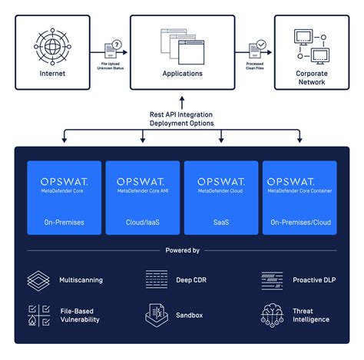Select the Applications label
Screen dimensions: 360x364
[182, 74]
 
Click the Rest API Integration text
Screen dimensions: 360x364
[182, 114]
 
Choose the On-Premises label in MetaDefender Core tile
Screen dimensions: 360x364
[64, 222]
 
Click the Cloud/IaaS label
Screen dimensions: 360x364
[142, 222]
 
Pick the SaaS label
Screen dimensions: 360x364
[221, 222]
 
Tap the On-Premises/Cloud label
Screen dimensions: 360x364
[299, 222]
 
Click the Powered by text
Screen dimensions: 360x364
[182, 250]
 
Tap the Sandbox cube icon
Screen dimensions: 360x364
[157, 315]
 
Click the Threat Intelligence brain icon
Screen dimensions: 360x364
[273, 315]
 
